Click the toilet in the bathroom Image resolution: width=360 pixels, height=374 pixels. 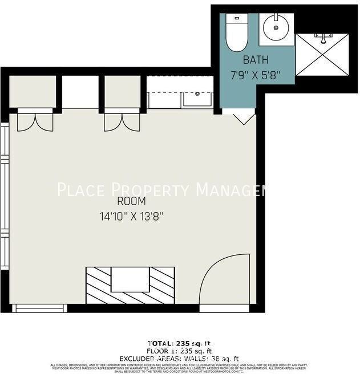click(236, 32)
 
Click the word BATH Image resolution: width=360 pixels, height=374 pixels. click(255, 60)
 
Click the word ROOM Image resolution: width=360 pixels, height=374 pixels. click(131, 201)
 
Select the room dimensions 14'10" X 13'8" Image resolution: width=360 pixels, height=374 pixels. click(131, 216)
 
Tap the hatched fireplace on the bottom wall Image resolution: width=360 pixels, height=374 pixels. click(130, 284)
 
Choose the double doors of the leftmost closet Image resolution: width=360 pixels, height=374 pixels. click(35, 121)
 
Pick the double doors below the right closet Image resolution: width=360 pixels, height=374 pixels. click(122, 121)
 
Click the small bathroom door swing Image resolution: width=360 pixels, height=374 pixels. click(244, 117)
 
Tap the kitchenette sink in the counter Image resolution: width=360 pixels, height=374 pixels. click(197, 99)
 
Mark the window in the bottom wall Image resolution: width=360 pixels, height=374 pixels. click(39, 308)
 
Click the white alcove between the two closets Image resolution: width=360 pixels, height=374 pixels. click(80, 92)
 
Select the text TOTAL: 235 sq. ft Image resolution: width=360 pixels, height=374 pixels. click(180, 343)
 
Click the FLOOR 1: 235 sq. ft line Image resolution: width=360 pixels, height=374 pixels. click(180, 351)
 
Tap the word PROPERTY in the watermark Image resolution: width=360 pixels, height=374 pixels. click(151, 189)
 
